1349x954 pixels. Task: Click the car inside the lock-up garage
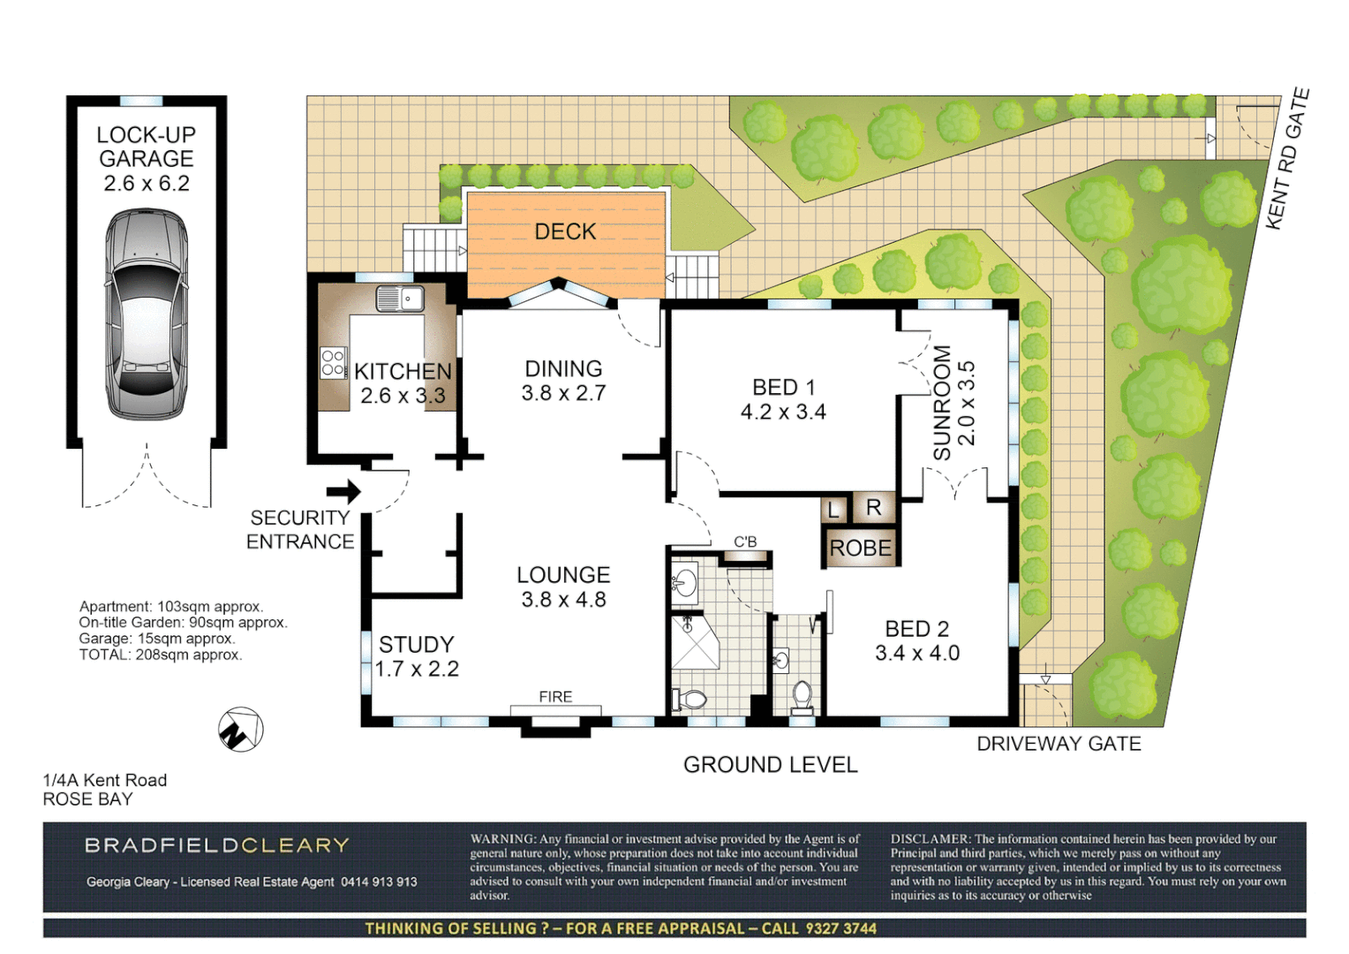[147, 314]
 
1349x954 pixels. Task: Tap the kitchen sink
[399, 299]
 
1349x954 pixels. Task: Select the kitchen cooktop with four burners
[333, 362]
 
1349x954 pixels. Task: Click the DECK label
[565, 231]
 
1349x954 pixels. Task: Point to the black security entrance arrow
[343, 492]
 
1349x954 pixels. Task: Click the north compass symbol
[240, 731]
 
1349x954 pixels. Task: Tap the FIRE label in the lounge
[555, 697]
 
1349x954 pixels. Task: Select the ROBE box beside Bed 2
[861, 548]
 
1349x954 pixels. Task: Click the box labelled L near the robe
[833, 509]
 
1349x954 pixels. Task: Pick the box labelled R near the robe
[873, 507]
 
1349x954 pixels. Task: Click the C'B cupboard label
[745, 541]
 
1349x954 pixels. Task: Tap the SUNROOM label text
[942, 403]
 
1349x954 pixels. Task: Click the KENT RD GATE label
[1287, 159]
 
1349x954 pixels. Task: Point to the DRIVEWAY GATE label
[1059, 744]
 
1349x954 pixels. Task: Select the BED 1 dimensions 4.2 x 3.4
[783, 412]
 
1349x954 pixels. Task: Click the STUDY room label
[416, 645]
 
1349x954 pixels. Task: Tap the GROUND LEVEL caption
[770, 765]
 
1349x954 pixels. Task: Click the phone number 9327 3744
[840, 928]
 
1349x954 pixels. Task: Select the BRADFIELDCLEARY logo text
[217, 845]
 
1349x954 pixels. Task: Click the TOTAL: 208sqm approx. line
[161, 655]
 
